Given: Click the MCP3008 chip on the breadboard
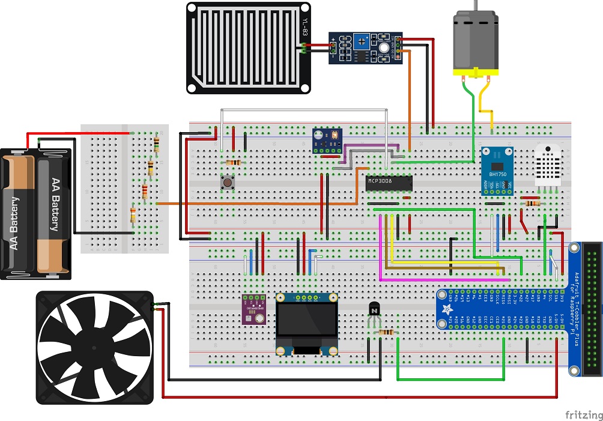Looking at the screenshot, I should (389, 183).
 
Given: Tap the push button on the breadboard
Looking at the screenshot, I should (228, 182).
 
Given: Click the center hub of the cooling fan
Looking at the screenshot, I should (94, 348).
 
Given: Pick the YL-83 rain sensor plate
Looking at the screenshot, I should (248, 47).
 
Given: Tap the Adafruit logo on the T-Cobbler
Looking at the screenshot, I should (448, 309).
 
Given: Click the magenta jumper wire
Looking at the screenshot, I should (381, 252).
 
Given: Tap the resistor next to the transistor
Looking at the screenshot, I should (387, 332).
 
